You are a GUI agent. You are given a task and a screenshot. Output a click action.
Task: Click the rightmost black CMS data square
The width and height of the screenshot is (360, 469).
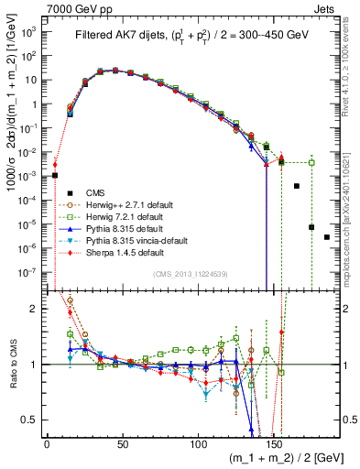tap(327, 237)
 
